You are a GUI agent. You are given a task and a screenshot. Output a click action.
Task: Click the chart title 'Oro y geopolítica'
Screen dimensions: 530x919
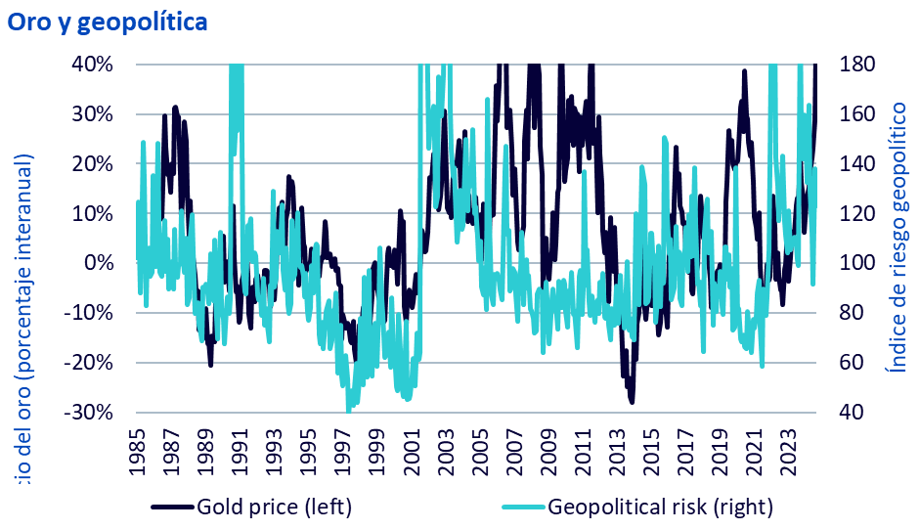click(x=108, y=22)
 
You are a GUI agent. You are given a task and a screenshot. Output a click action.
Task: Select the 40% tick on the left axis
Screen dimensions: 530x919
click(x=94, y=64)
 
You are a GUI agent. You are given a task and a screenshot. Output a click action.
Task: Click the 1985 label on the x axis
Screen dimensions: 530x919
click(x=137, y=451)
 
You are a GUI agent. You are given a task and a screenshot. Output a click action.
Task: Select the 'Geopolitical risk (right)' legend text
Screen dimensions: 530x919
click(x=661, y=507)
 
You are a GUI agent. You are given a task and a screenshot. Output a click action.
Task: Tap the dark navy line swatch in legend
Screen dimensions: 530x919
click(x=172, y=507)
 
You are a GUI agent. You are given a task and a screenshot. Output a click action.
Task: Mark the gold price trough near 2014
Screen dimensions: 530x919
click(x=632, y=401)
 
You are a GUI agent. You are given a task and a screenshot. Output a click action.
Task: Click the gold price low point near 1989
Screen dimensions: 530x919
click(x=210, y=363)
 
